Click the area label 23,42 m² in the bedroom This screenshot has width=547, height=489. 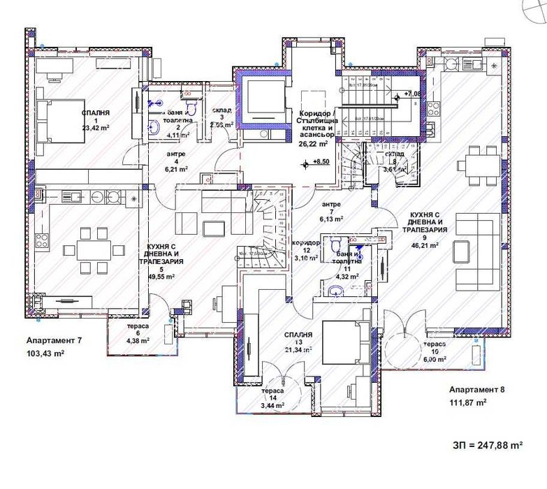click(x=96, y=128)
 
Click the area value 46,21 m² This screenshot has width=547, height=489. click(x=424, y=245)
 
